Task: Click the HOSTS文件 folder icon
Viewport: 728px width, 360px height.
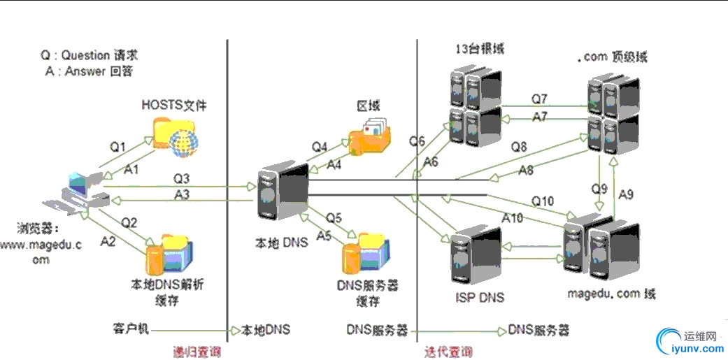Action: coord(176,136)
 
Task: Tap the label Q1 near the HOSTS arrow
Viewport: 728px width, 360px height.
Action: coord(117,147)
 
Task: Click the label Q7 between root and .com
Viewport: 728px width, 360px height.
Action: coord(539,98)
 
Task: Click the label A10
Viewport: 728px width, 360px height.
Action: coord(513,217)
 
